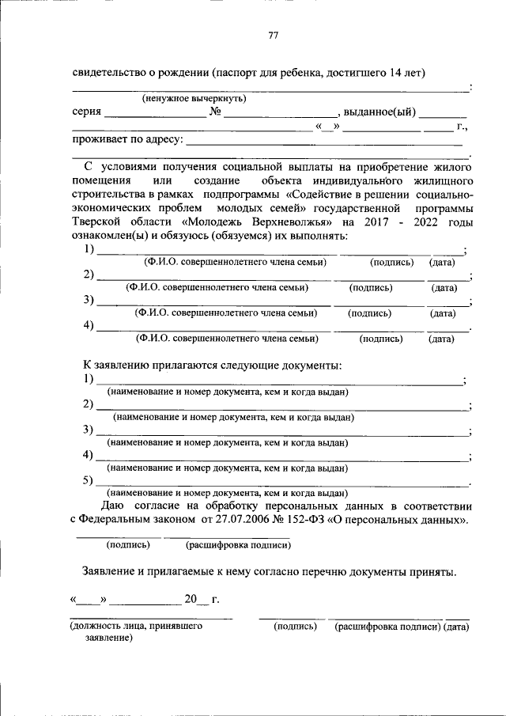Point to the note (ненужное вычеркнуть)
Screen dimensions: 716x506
(194, 99)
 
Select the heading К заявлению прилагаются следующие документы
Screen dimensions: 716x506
(213, 365)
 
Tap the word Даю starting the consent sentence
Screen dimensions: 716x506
(112, 506)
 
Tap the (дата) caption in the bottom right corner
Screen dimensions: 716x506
(457, 626)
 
